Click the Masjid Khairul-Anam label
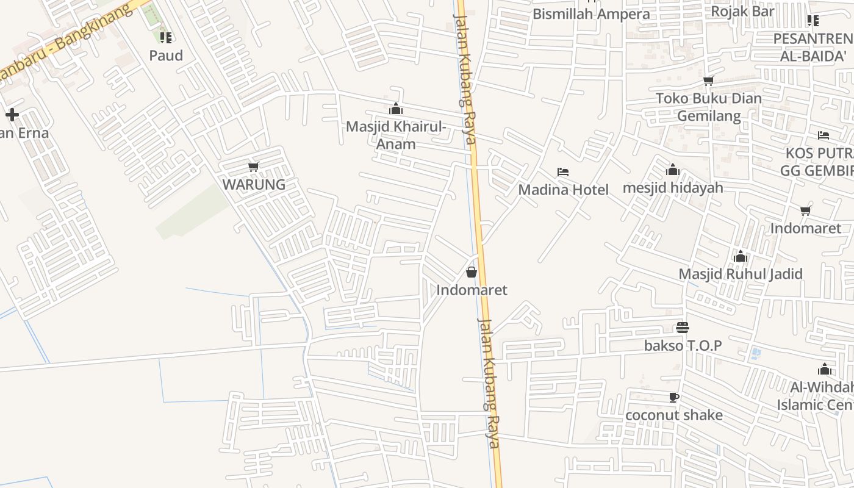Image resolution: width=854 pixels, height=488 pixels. [396, 135]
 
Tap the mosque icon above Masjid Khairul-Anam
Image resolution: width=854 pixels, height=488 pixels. [396, 109]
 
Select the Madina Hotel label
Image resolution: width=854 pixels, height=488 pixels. [563, 190]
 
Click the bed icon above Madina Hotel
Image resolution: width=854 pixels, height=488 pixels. [563, 173]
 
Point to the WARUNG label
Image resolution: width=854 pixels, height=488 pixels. [254, 185]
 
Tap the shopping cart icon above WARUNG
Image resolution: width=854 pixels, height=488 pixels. [254, 167]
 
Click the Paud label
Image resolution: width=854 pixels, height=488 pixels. [166, 56]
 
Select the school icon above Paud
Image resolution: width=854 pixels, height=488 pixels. [166, 38]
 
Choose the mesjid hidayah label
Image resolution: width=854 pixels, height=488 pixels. [673, 188]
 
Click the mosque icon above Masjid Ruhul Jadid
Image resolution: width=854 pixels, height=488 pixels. [741, 256]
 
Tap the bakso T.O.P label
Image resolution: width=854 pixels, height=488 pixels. [683, 346]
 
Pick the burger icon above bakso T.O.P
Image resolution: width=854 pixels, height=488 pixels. [683, 328]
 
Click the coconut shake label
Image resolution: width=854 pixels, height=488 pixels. [674, 415]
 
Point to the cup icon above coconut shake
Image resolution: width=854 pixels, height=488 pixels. [674, 398]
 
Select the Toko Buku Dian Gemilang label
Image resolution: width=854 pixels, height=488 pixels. [709, 107]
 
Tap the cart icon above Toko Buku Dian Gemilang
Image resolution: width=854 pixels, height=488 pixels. [709, 81]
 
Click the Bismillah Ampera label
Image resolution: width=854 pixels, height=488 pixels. [591, 14]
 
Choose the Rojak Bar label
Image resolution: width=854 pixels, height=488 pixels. [742, 11]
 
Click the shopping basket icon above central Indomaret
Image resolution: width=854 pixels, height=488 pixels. [472, 272]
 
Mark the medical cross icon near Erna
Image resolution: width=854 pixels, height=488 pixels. [12, 115]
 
